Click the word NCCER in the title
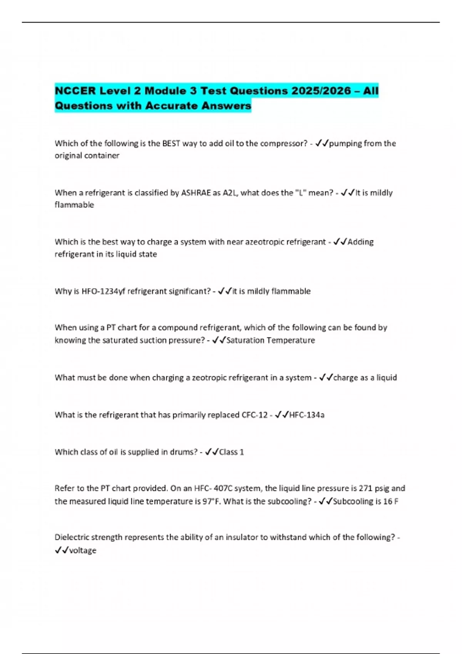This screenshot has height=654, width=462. (75, 91)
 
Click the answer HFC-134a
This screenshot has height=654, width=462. (307, 415)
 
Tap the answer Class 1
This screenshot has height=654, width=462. (231, 452)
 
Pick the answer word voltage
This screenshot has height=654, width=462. (83, 551)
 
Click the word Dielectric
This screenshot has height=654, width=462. (72, 537)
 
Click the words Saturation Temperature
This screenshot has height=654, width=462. (271, 340)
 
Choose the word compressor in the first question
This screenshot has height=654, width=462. (283, 143)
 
